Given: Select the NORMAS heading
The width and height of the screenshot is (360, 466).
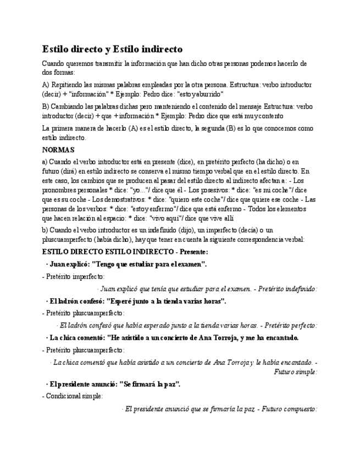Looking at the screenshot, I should coord(58,149).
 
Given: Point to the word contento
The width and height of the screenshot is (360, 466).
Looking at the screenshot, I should coord(270,116).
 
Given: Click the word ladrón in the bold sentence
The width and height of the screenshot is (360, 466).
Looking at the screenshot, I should coord(71,301).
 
